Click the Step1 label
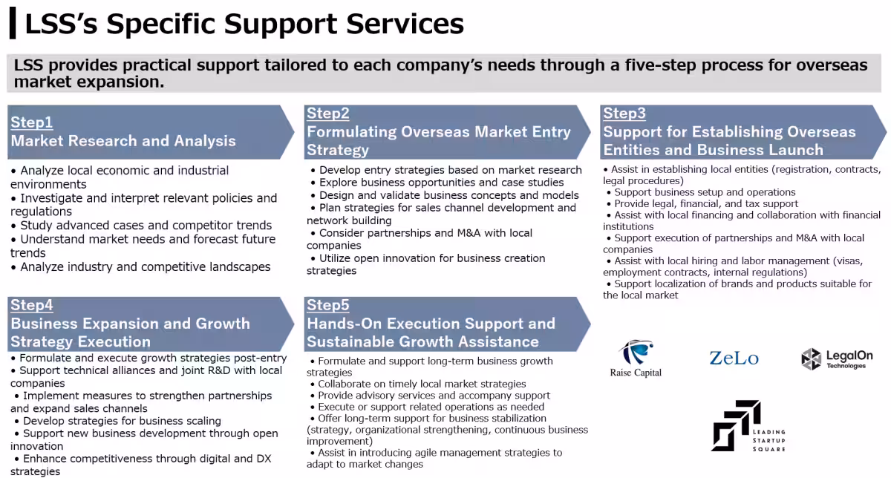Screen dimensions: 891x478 31,122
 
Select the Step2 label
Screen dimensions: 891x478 327,114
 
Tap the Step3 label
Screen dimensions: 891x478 624,114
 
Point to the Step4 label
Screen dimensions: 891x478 31,305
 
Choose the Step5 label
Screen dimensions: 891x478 327,305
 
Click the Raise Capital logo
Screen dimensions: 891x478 636,358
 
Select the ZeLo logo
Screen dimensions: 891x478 734,358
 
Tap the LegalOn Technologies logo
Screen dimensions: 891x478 837,359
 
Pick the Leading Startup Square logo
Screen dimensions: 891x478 748,426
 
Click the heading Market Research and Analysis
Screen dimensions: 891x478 123,141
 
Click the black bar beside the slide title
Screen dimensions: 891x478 13,23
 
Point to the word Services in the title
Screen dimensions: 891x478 405,24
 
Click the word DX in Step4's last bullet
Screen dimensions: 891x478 264,459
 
